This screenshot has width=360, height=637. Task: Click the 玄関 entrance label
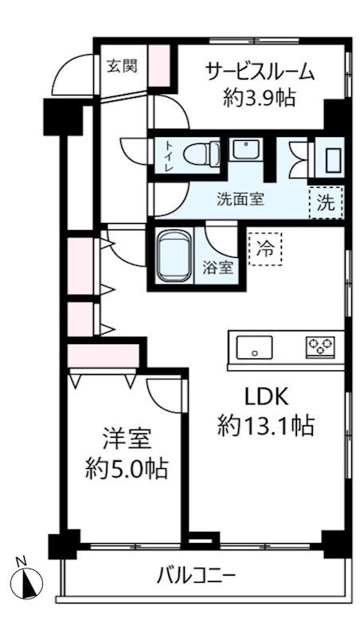[x=122, y=65]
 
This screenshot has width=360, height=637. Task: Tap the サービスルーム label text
[x=260, y=72]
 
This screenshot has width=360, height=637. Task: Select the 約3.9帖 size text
[x=260, y=98]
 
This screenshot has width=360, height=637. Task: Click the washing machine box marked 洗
[x=327, y=201]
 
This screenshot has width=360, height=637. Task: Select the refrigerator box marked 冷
[x=264, y=248]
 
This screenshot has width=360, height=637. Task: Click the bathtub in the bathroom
[x=173, y=256]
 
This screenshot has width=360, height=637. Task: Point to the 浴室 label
[x=221, y=268]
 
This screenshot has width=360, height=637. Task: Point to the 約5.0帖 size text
[x=126, y=468]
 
